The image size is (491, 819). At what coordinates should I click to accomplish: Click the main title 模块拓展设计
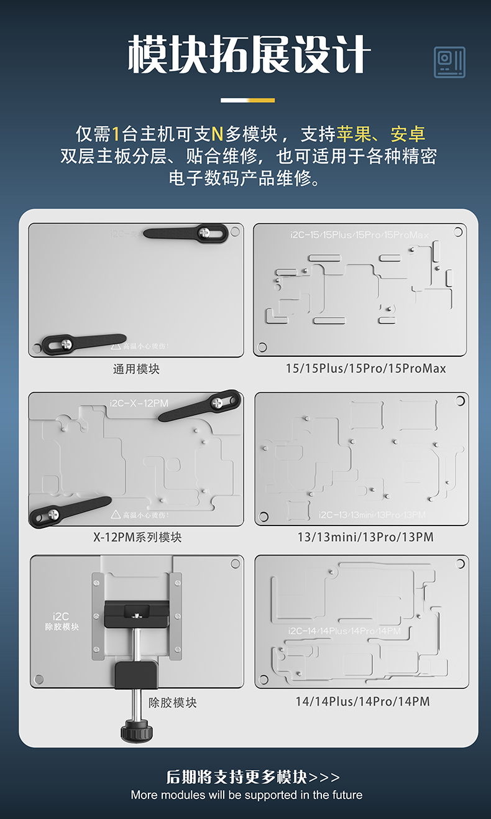tap(249, 55)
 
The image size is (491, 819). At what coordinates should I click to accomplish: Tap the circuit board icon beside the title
tap(449, 63)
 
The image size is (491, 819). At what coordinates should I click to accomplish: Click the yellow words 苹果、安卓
tap(381, 134)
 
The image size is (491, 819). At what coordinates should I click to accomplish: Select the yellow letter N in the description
tap(217, 134)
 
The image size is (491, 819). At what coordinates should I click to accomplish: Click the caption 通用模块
tap(136, 369)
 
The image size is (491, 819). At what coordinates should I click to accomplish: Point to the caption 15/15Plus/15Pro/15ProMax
tap(365, 369)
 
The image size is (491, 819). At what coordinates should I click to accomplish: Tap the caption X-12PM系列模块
tap(137, 537)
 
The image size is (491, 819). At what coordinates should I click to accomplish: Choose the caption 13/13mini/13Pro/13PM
tap(365, 537)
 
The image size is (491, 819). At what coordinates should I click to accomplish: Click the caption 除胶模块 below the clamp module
tap(172, 702)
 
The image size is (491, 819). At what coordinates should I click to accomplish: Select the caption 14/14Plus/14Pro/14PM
tap(362, 701)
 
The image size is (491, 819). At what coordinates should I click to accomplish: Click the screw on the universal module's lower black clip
tap(66, 343)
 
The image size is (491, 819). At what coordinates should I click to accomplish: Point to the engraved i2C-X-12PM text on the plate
tap(139, 403)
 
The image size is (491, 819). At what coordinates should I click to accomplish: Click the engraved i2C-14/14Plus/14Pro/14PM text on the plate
tap(344, 631)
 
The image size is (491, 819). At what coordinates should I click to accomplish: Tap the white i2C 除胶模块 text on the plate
tap(62, 621)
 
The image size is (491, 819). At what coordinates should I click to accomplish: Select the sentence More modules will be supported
tap(246, 795)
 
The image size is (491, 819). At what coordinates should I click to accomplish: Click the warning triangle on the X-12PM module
tap(116, 515)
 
